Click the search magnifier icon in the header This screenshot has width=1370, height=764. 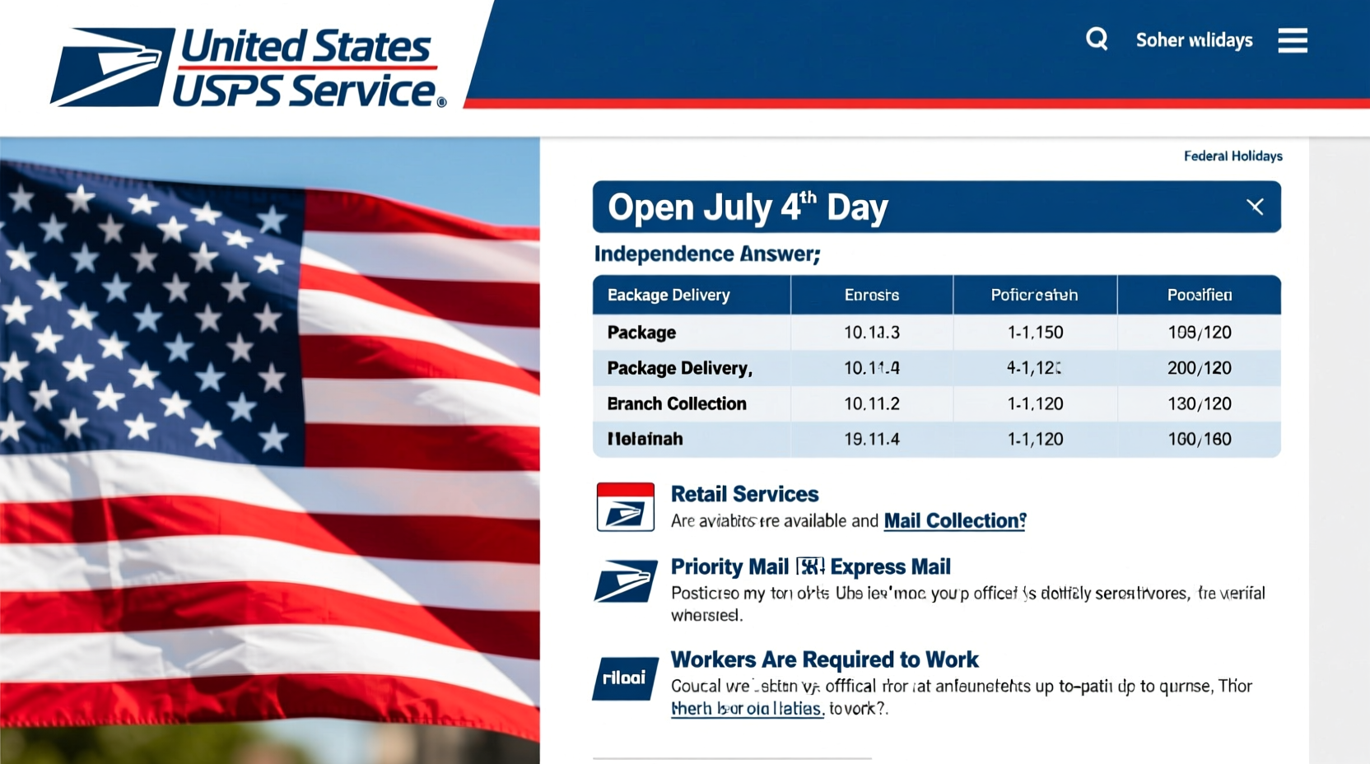1097,39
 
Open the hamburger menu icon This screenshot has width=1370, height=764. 1292,40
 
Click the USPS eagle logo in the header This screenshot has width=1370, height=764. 113,67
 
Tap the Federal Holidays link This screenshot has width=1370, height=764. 1233,156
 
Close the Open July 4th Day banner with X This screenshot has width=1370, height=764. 1255,207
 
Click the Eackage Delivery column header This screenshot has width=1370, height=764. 669,295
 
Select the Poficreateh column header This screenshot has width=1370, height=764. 1034,295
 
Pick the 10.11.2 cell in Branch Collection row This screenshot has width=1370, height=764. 871,403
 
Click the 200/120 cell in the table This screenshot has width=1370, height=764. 1199,368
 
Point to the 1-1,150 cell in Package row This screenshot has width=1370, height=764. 1035,333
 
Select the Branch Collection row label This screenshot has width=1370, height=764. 677,403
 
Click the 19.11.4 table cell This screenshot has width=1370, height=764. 871,439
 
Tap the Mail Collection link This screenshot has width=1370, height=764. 954,520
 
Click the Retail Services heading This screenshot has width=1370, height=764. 744,494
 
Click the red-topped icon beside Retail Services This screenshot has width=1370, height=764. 626,506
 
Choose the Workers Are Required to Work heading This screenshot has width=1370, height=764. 824,659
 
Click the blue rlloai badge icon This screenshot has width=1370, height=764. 625,678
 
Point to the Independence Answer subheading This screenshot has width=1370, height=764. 707,254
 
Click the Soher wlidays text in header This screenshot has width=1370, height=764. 1194,40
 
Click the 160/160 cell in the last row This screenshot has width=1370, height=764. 1199,439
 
